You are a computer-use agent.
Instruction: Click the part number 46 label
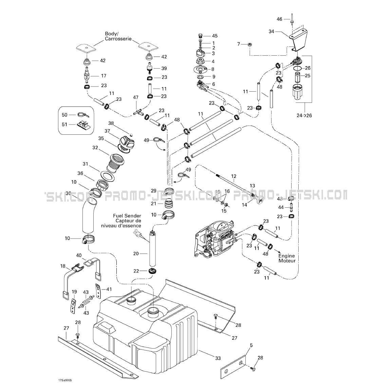[x=279, y=19]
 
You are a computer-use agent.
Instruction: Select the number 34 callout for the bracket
[x=272, y=32]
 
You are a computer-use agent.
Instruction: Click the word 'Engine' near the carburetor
[x=286, y=256]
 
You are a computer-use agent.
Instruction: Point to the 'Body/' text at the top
[x=111, y=34]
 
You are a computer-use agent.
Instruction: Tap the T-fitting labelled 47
[x=138, y=111]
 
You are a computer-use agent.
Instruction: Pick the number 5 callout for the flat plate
[x=251, y=346]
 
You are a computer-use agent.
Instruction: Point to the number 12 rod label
[x=234, y=176]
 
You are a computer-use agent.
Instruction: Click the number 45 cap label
[x=215, y=36]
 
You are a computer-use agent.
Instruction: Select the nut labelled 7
[x=249, y=44]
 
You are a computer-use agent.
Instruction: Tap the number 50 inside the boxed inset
[x=64, y=115]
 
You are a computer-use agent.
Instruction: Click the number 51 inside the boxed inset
[x=64, y=124]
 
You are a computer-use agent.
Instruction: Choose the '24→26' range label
[x=304, y=115]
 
